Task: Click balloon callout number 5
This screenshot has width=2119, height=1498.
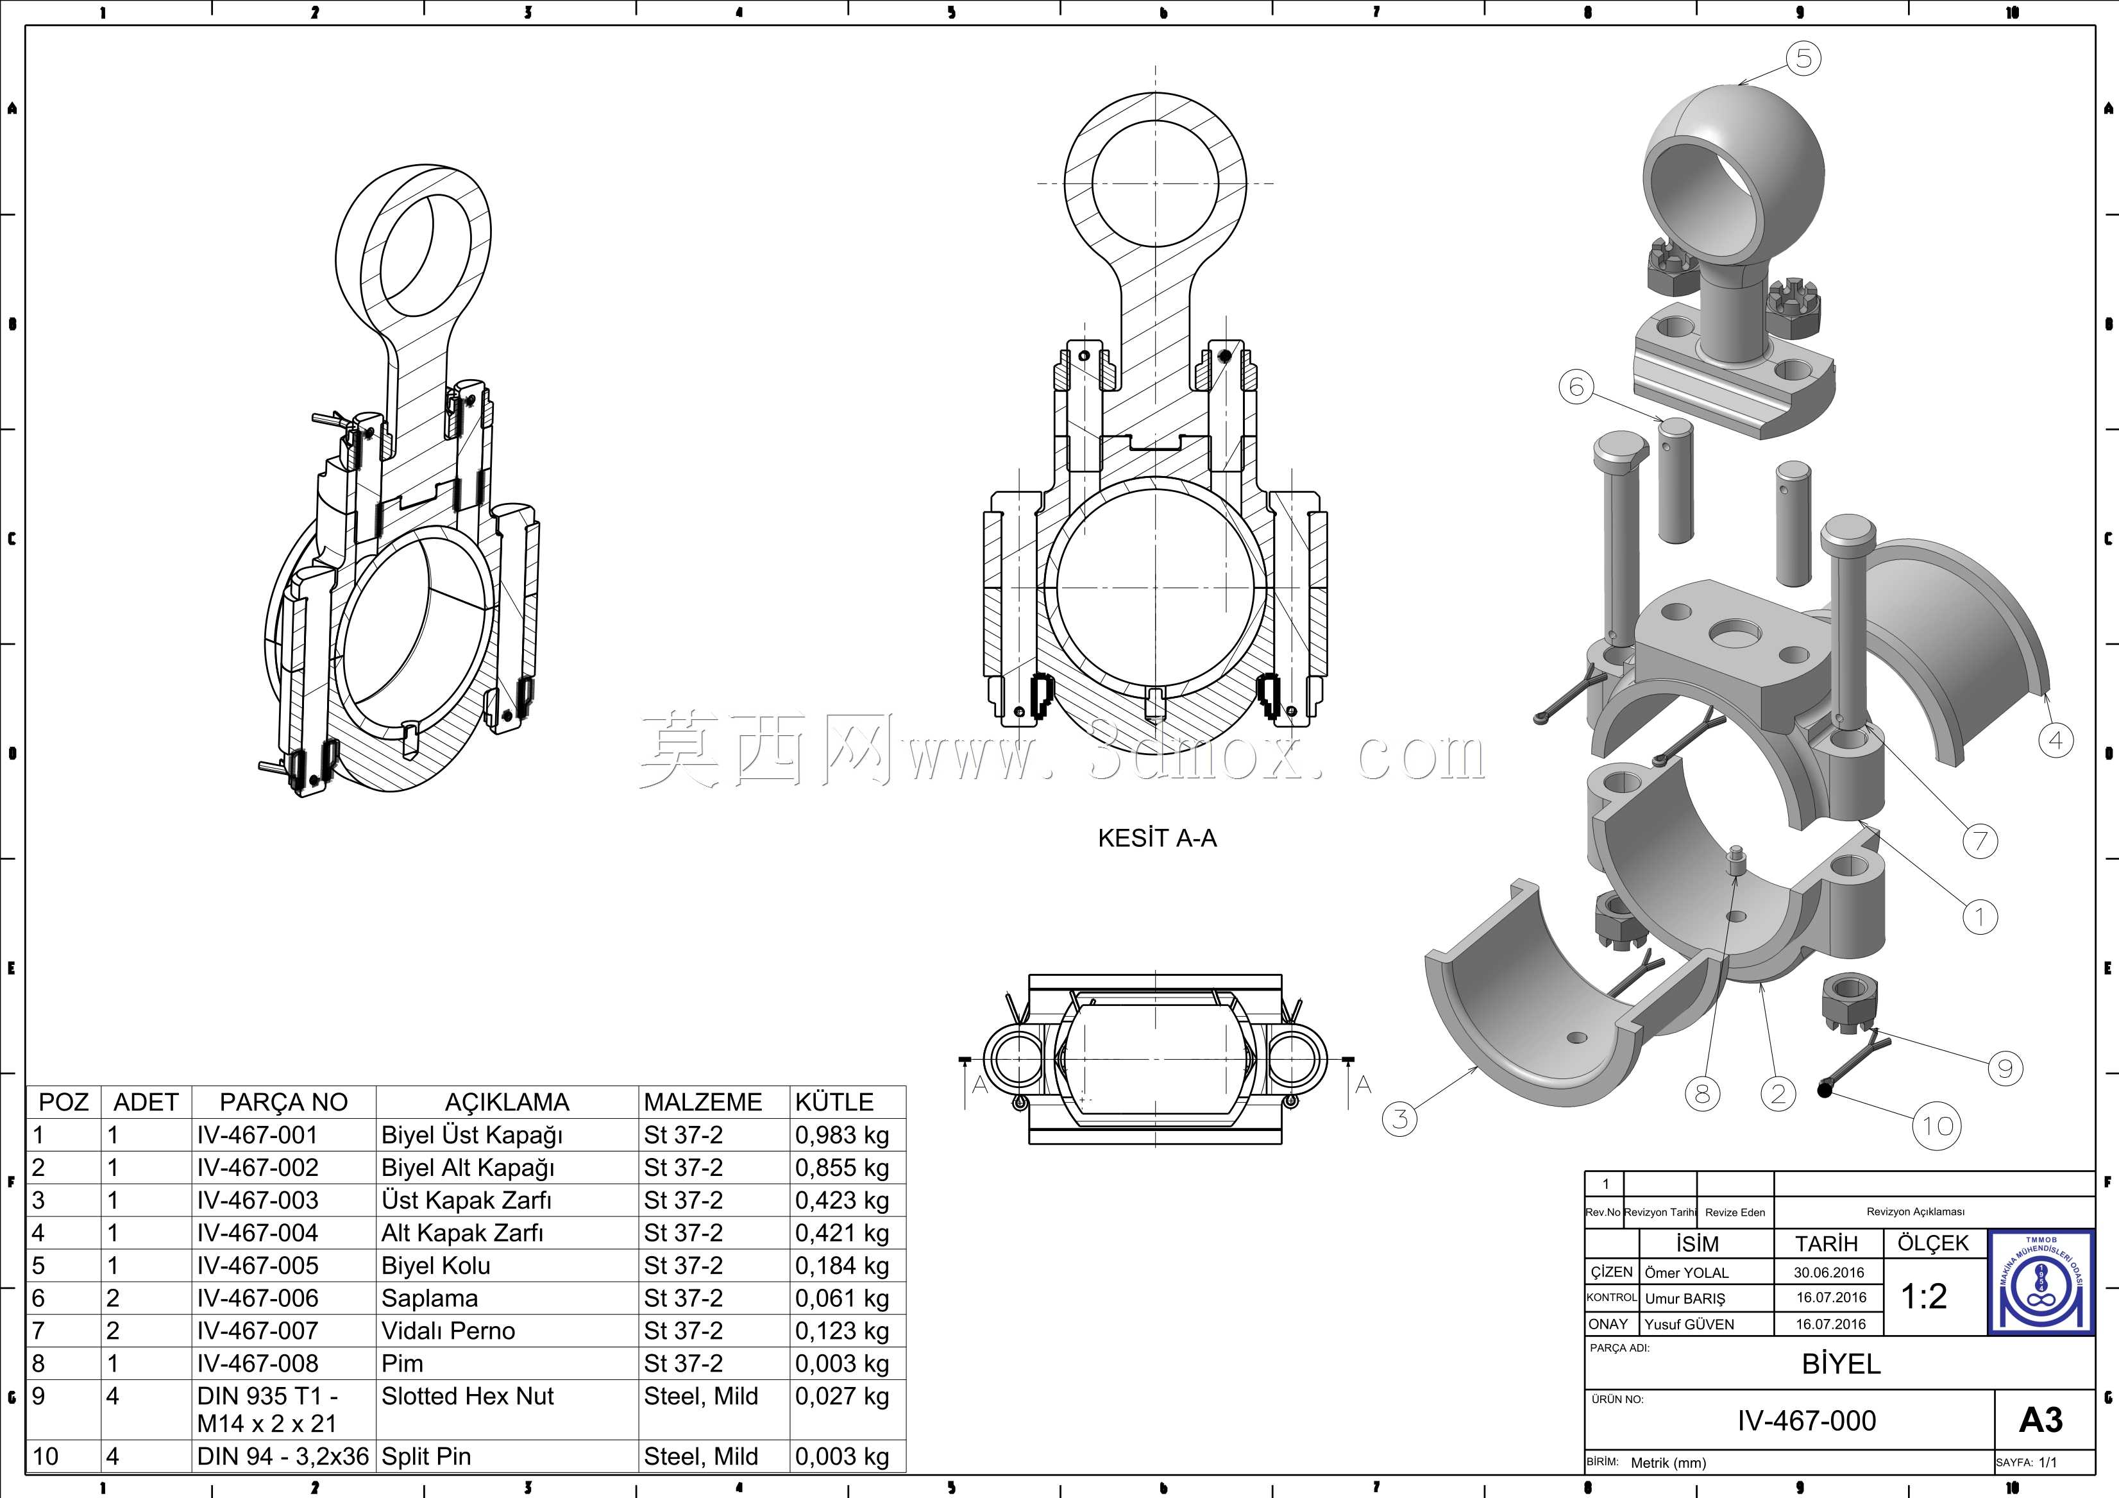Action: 1803,59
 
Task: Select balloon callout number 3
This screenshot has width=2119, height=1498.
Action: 1400,1119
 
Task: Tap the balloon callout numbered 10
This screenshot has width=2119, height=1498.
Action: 1937,1126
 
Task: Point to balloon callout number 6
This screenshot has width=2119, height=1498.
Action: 1576,387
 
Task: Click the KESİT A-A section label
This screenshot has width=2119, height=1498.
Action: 1158,838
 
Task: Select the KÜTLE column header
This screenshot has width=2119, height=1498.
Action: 834,1102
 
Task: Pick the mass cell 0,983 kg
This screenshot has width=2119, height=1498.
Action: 841,1136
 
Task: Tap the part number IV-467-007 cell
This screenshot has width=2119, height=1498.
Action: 257,1331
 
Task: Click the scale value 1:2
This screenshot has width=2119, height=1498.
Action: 1923,1297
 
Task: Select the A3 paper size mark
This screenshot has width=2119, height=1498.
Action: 2041,1420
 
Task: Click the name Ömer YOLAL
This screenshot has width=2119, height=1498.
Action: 1686,1273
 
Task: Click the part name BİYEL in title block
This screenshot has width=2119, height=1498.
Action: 1841,1364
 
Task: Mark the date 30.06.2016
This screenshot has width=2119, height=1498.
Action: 1829,1273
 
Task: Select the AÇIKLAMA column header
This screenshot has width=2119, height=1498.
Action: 507,1102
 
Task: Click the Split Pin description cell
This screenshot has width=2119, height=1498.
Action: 426,1456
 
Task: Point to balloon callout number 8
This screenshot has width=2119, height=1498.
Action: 1703,1094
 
